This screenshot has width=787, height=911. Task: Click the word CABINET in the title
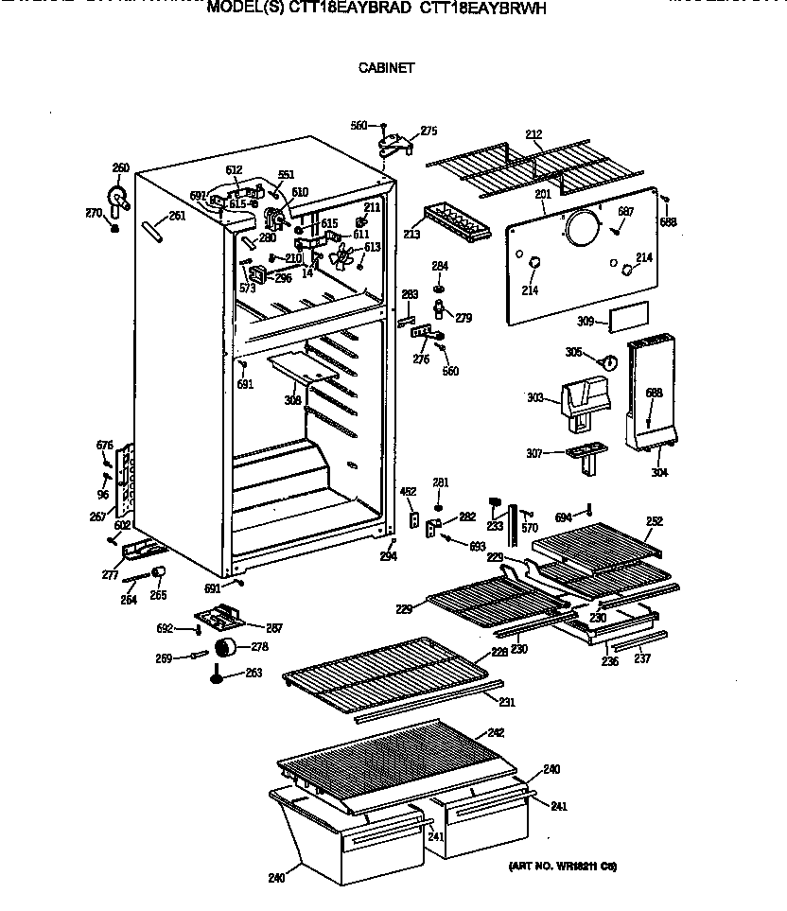[x=386, y=68]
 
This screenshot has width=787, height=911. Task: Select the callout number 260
[x=120, y=168]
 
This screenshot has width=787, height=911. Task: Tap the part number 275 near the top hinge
[x=428, y=131]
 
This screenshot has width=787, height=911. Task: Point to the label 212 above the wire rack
[x=533, y=135]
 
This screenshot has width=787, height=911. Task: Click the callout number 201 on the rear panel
[x=542, y=195]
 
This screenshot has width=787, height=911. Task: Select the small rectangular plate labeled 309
[x=628, y=319]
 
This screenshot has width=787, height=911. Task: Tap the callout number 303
[x=536, y=398]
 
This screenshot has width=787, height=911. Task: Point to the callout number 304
[x=658, y=472]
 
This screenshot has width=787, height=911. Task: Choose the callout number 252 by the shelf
[x=654, y=521]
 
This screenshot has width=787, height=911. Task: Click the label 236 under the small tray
[x=610, y=661]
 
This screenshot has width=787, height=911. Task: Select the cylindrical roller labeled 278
[x=226, y=647]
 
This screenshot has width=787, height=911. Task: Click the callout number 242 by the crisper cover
[x=496, y=733]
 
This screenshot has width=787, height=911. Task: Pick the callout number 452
[x=408, y=491]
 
